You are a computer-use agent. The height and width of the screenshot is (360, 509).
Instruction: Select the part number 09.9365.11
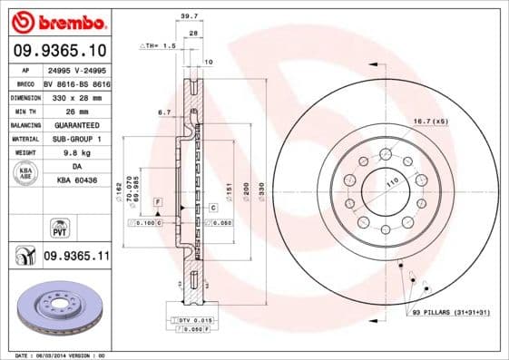(x=76, y=258)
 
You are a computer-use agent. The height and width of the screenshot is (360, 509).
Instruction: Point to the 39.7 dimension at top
(x=189, y=15)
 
